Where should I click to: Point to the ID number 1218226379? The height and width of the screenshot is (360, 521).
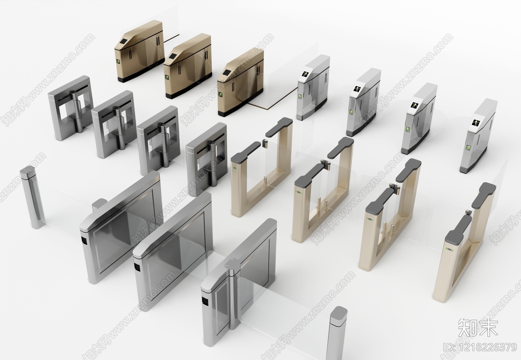tap(480, 347)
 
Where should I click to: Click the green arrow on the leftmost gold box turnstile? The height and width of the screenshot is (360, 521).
tap(118, 62)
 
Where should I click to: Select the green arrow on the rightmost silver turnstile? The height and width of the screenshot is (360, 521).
tap(468, 148)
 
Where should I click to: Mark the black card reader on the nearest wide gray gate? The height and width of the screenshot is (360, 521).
tap(205, 301)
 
